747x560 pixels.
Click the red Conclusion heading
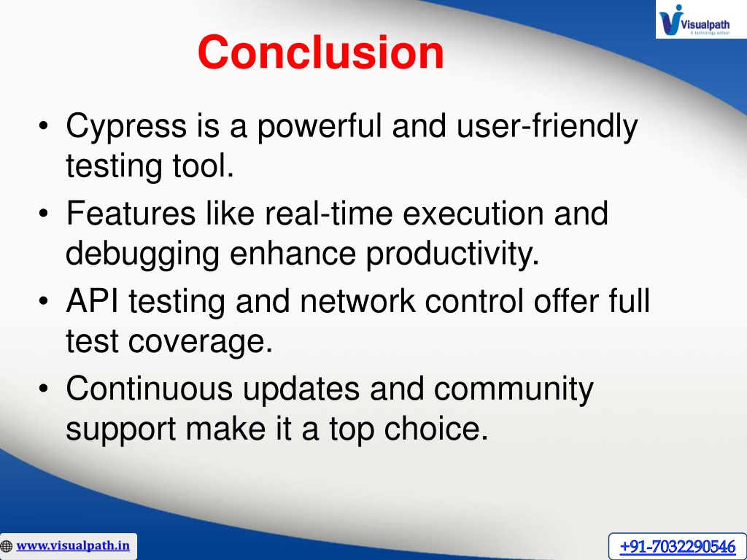[321, 52]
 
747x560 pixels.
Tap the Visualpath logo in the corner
[701, 19]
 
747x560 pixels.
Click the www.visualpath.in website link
[73, 545]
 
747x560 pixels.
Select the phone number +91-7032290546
[678, 546]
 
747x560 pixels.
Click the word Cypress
[126, 127]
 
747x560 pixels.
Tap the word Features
[131, 213]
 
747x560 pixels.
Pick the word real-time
[329, 213]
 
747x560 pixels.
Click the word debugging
[142, 254]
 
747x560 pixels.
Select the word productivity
[452, 254]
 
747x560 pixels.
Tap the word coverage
[200, 343]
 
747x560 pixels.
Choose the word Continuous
[149, 389]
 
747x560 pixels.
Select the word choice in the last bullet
[436, 429]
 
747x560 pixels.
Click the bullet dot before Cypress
[43, 127]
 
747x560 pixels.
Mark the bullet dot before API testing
[43, 301]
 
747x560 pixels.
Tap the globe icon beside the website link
[6, 545]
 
